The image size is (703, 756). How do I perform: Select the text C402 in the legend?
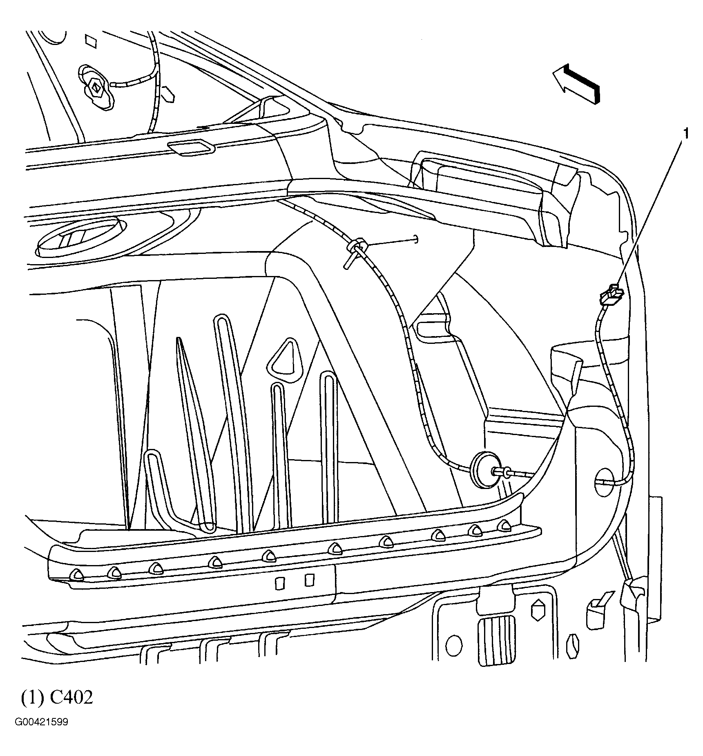[x=72, y=698]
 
